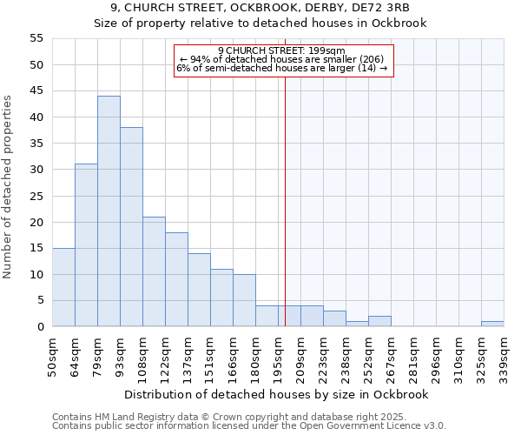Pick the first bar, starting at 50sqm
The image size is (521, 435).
point(63,287)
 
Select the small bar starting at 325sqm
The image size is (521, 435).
point(492,324)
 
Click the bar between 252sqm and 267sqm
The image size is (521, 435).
point(379,321)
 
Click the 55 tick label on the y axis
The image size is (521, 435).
point(36,38)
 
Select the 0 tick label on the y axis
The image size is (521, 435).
point(40,327)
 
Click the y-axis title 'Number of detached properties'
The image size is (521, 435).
point(8,187)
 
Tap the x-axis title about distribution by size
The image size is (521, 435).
point(278,394)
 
